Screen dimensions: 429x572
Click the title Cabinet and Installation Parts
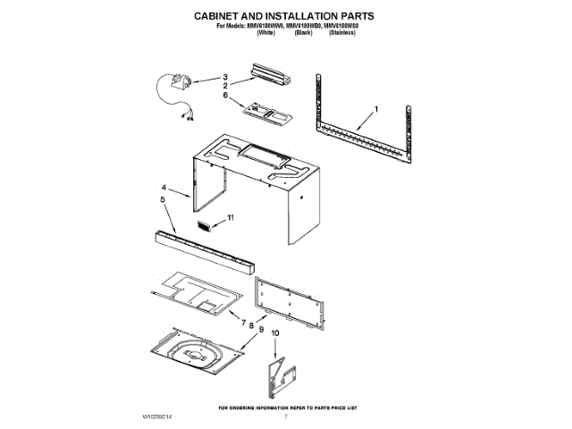pos(285,16)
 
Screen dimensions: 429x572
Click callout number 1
pos(377,109)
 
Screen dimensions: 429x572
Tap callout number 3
pos(226,77)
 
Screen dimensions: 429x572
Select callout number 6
pos(226,95)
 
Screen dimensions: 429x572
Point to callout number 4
pos(164,188)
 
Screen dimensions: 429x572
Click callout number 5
pos(164,201)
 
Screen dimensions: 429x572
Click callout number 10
pos(275,333)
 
